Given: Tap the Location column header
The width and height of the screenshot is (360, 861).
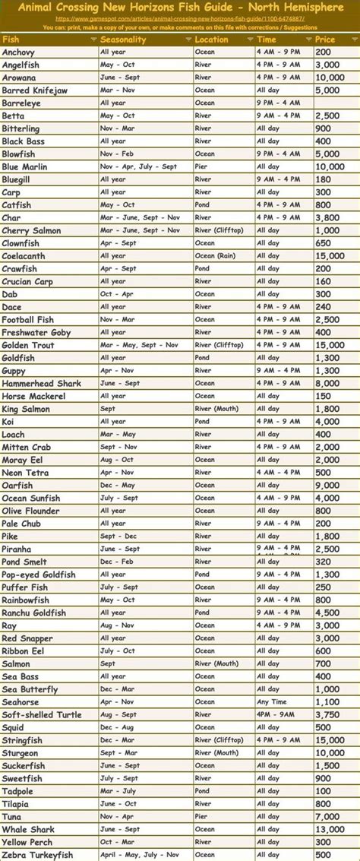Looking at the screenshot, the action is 211,40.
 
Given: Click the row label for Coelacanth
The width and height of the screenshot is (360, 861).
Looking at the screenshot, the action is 24,256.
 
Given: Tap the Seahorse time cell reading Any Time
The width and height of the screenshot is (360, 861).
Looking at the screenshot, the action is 271,702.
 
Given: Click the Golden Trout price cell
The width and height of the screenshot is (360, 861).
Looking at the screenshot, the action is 330,345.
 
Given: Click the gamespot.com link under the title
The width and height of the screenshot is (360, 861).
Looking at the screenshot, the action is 180,18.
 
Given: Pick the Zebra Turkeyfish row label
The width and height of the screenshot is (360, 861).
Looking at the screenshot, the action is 37,855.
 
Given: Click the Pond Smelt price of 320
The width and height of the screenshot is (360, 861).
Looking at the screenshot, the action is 325,562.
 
